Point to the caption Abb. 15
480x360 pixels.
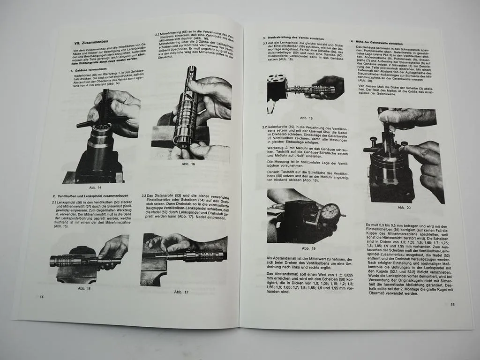click(84, 288)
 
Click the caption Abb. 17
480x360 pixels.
click(180, 292)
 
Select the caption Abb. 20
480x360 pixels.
click(404, 207)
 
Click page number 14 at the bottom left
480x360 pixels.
click(42, 296)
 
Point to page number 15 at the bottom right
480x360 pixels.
click(452, 305)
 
